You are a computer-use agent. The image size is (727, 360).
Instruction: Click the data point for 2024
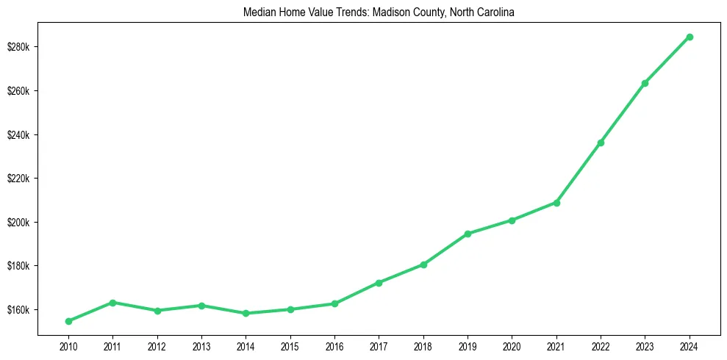pyautogui.click(x=690, y=37)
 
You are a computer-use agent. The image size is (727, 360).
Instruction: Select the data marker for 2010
pyautogui.click(x=68, y=321)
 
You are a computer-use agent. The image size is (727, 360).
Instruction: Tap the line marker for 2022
pyautogui.click(x=601, y=143)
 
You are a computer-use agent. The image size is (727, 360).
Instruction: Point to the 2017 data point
pyautogui.click(x=379, y=283)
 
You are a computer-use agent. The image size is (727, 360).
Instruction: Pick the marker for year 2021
pyautogui.click(x=556, y=203)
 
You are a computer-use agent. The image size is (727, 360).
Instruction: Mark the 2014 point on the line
pyautogui.click(x=246, y=314)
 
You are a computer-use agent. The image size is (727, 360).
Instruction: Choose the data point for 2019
pyautogui.click(x=468, y=234)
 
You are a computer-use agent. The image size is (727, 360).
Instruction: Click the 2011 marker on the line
pyautogui.click(x=112, y=303)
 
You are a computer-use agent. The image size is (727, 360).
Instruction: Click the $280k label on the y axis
pyautogui.click(x=18, y=47)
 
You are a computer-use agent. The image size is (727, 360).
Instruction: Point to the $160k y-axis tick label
pyautogui.click(x=18, y=310)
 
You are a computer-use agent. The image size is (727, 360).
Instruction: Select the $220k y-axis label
pyautogui.click(x=18, y=179)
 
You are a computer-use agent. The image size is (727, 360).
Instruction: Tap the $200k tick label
pyautogui.click(x=18, y=223)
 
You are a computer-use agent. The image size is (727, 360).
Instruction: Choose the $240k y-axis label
pyautogui.click(x=18, y=135)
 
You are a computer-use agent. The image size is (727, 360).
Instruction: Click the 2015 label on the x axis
pyautogui.click(x=290, y=345)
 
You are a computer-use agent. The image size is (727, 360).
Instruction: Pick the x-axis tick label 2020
pyautogui.click(x=512, y=345)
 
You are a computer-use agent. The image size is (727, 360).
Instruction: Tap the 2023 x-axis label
pyautogui.click(x=645, y=345)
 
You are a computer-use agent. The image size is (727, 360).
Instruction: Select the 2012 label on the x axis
pyautogui.click(x=157, y=345)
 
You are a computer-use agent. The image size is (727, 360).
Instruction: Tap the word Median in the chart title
pyautogui.click(x=256, y=12)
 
